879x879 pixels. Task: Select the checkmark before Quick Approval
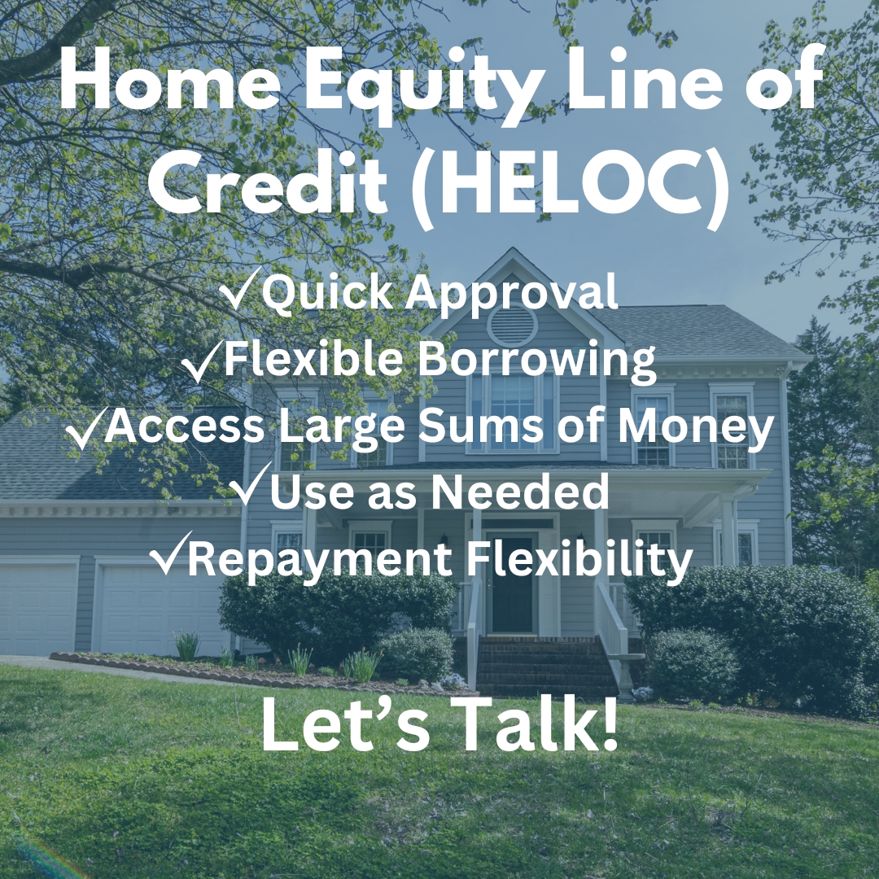tap(240, 289)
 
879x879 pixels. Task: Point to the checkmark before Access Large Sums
tap(85, 428)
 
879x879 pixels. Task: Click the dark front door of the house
tap(512, 583)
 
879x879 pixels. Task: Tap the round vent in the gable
tap(513, 325)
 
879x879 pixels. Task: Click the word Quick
tap(327, 292)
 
